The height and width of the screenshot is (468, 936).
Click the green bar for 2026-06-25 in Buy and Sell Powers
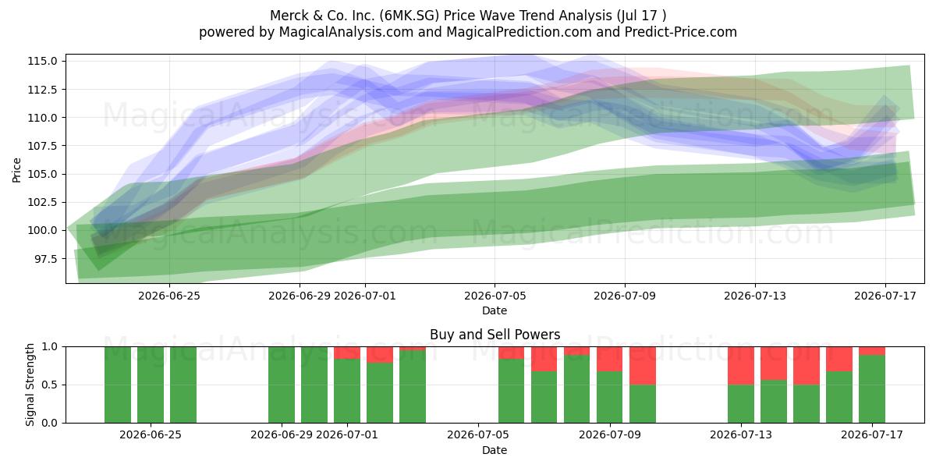(151, 385)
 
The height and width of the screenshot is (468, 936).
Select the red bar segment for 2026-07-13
(741, 366)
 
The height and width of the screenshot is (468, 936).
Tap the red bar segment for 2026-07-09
(610, 359)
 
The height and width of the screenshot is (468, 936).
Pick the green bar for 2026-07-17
(872, 389)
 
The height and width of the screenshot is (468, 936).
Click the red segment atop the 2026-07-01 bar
(347, 353)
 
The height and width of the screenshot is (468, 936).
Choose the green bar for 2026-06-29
(282, 385)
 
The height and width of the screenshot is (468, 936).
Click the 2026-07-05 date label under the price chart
(495, 296)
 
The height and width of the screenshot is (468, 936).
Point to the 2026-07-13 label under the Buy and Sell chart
(741, 434)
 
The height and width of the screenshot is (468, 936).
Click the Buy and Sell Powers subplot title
(495, 335)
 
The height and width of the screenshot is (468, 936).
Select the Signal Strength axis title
(30, 385)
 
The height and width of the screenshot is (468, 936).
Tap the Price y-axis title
(16, 170)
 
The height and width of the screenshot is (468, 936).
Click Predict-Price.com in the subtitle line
(681, 32)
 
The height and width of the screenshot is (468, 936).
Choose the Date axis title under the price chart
(495, 310)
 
